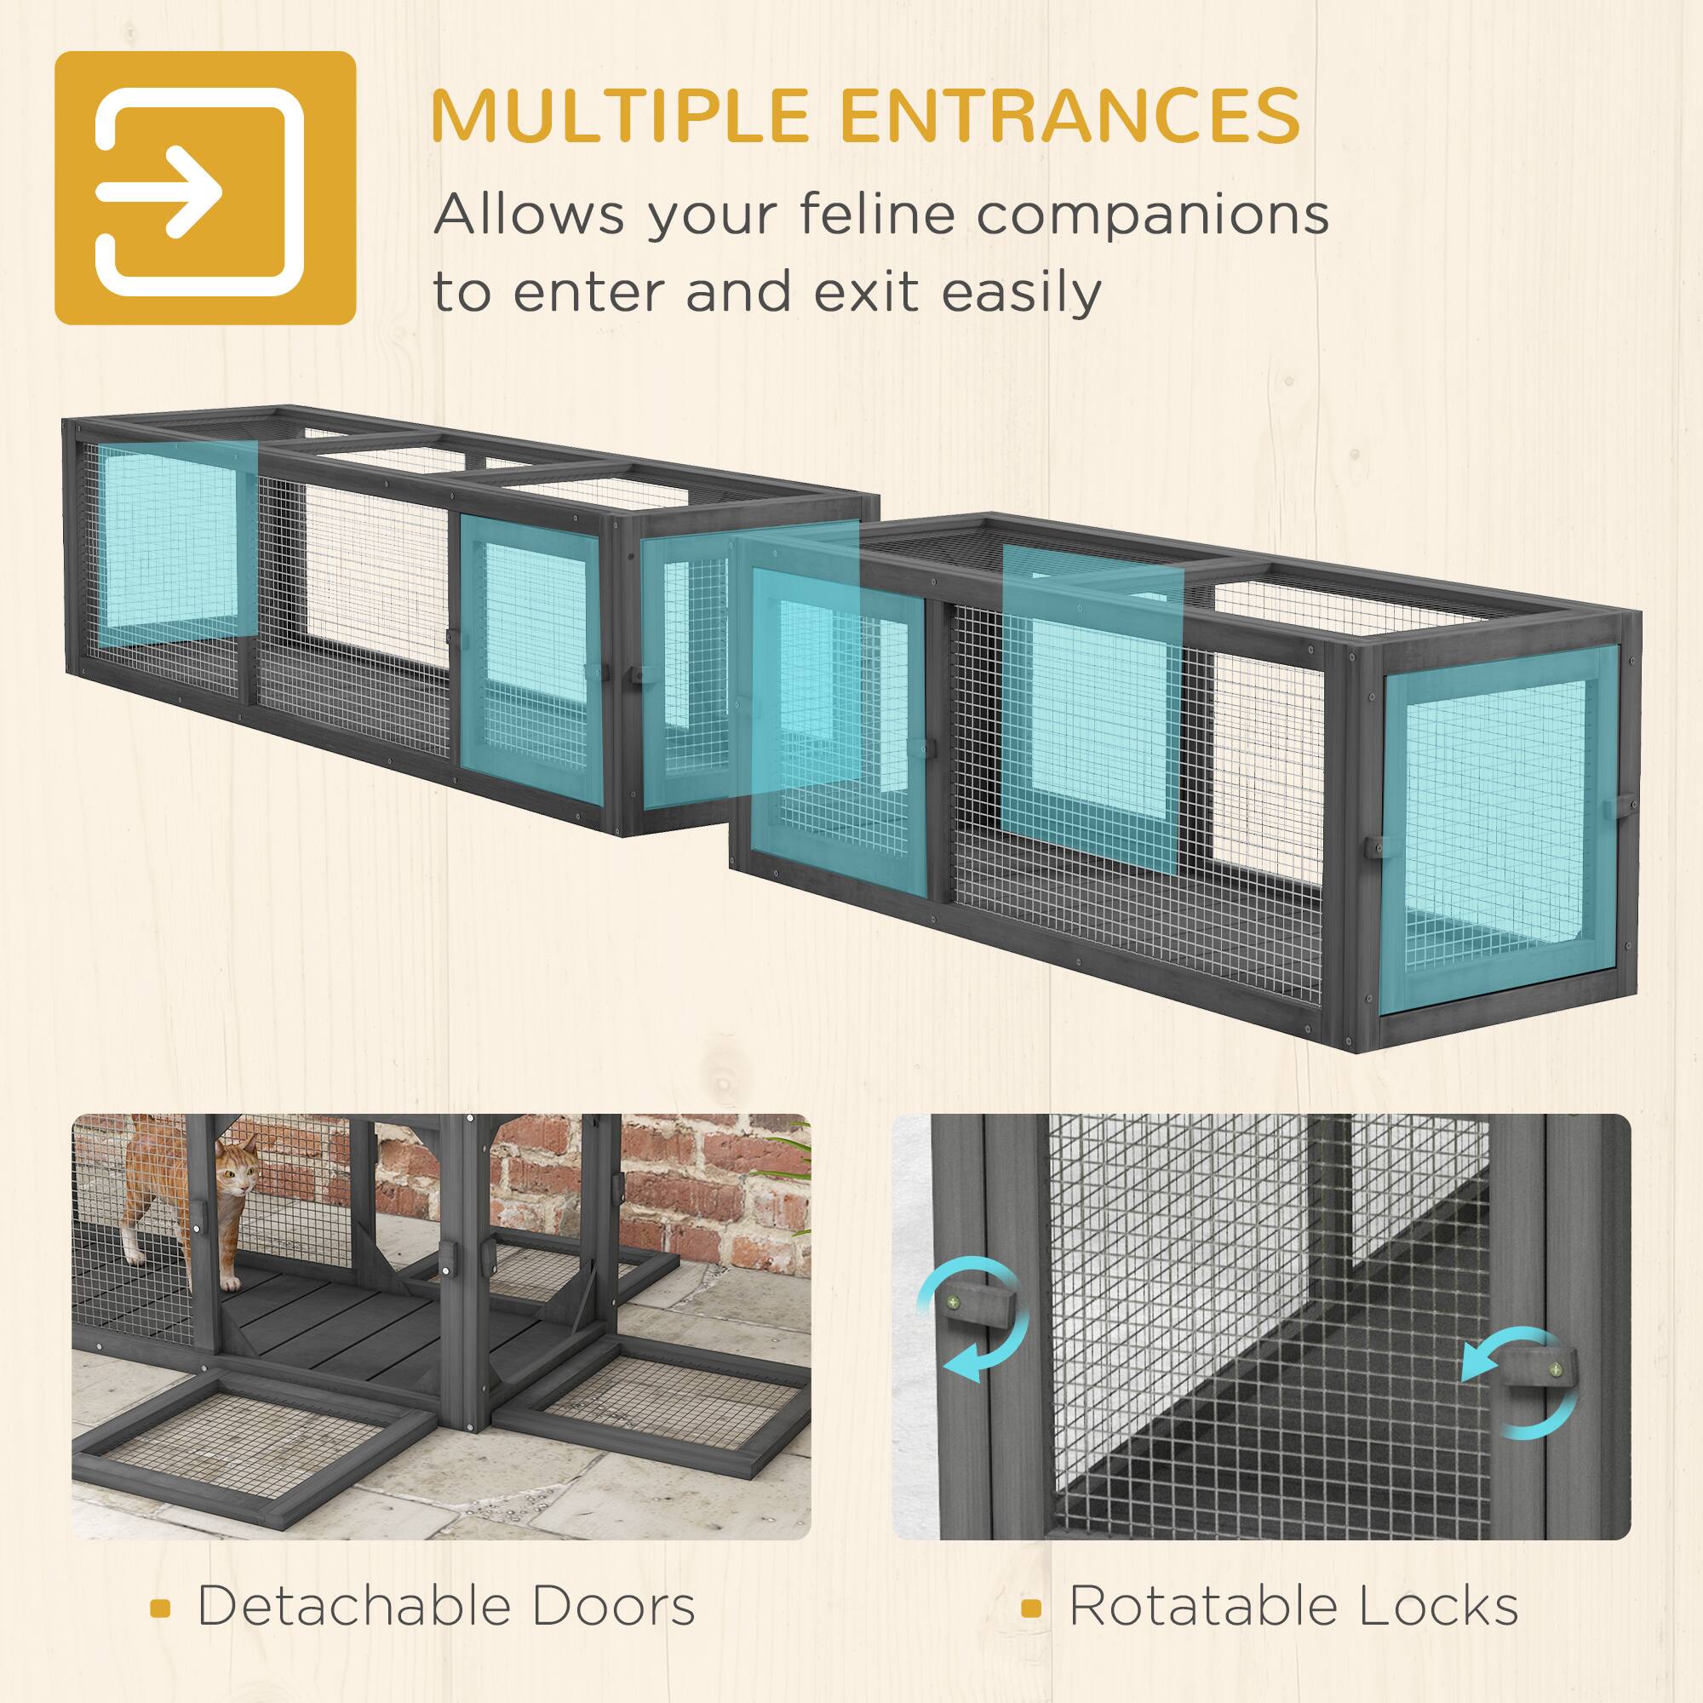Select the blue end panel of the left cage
coord(168,547)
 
